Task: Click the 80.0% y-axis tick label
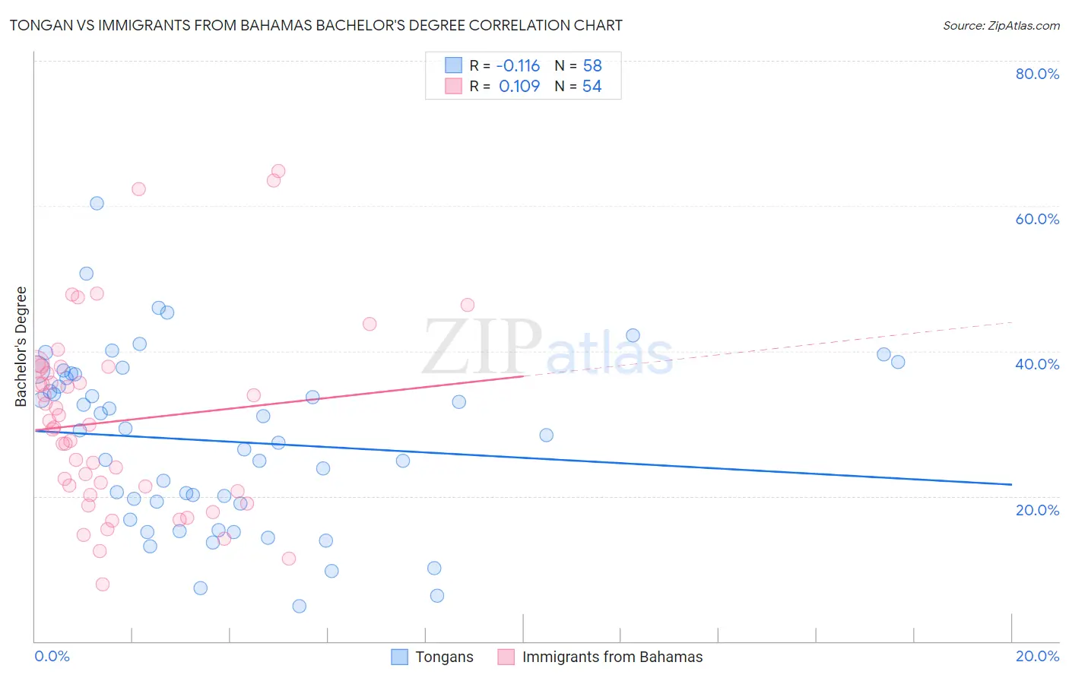click(x=1037, y=74)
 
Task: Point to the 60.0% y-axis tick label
click(x=1037, y=219)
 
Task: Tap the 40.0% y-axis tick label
click(x=1037, y=364)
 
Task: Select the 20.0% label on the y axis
click(x=1037, y=510)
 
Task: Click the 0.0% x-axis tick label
click(x=52, y=656)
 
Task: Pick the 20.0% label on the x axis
click(x=1037, y=656)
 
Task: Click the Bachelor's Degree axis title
click(x=21, y=347)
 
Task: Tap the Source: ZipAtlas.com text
click(x=1001, y=25)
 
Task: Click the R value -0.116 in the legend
click(x=518, y=66)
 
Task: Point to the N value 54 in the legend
click(x=592, y=87)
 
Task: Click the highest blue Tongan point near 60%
click(x=97, y=203)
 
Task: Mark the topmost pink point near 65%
click(x=278, y=171)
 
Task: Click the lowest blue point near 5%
click(x=300, y=606)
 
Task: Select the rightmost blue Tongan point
click(x=898, y=362)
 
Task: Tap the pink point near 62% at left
click(x=138, y=189)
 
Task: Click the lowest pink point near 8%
click(x=103, y=584)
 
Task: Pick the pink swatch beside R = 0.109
click(x=453, y=87)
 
